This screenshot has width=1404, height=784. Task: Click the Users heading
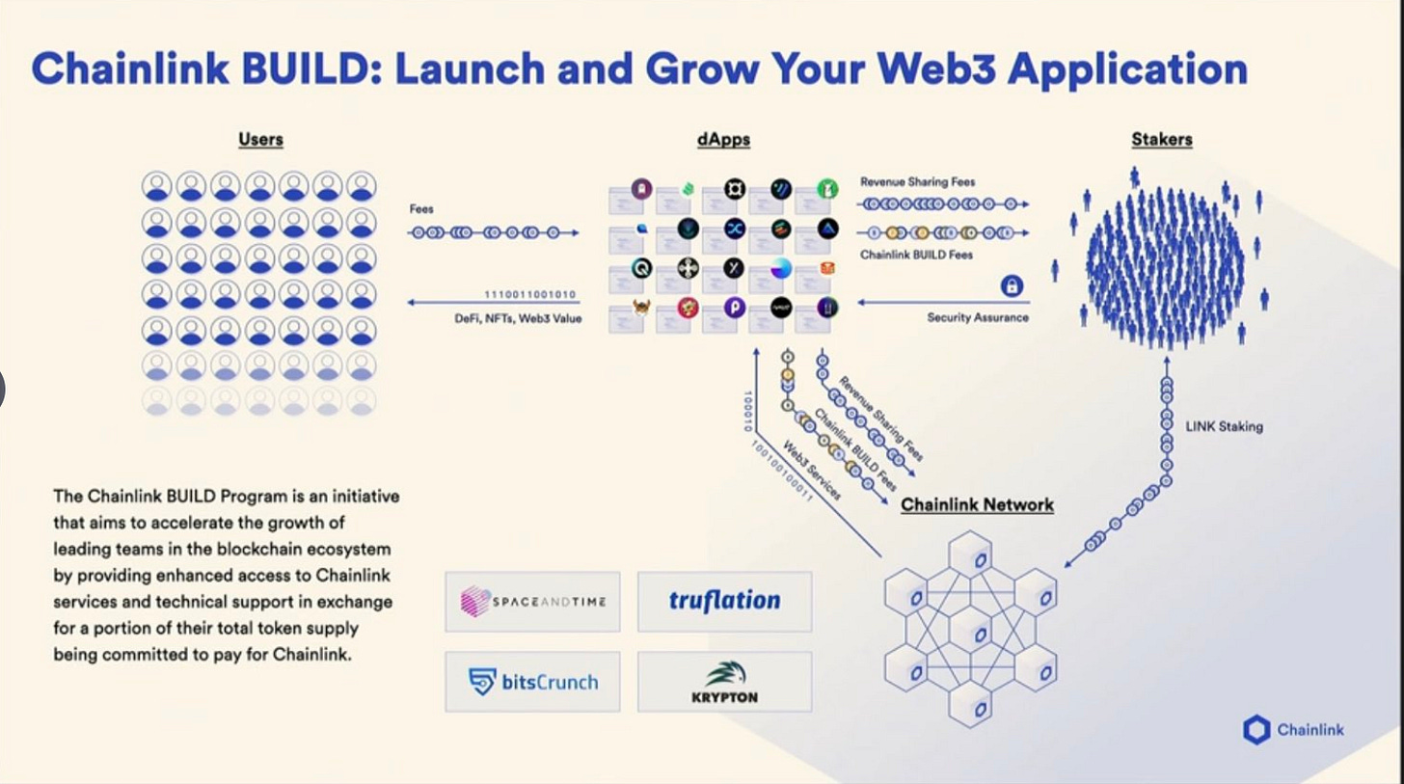(260, 139)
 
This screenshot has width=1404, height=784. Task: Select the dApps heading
(723, 139)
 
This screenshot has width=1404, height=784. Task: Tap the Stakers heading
(1161, 139)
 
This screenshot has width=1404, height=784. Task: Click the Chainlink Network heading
(977, 504)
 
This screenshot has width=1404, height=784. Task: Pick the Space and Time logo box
(532, 602)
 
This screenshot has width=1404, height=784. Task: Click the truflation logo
(724, 602)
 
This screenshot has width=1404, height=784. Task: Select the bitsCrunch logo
(532, 682)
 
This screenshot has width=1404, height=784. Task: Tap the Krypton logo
(724, 682)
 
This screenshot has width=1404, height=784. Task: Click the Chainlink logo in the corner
(1292, 729)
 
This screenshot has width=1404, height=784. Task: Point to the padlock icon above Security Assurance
(1012, 285)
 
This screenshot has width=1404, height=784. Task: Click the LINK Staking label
(1224, 426)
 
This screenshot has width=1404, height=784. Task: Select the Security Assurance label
(978, 317)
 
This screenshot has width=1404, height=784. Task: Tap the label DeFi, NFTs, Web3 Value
(518, 318)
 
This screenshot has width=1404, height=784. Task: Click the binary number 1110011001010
(529, 293)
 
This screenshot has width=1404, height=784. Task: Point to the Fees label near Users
(421, 208)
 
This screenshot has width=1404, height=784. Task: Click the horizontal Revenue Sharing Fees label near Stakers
(917, 181)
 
